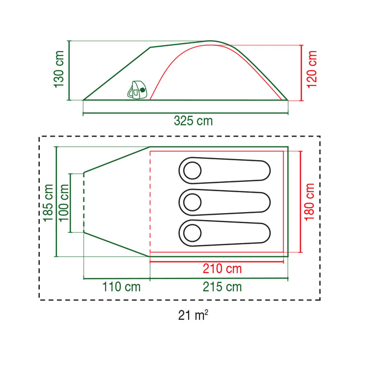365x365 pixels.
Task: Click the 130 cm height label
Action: click(x=59, y=69)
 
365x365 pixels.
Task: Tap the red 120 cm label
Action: click(x=312, y=69)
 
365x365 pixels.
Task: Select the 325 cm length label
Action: click(x=193, y=121)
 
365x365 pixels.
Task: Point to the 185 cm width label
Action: click(x=48, y=202)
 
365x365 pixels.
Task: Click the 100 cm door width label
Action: click(x=64, y=202)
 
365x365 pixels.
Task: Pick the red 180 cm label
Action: click(x=309, y=202)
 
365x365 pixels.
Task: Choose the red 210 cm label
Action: click(x=222, y=269)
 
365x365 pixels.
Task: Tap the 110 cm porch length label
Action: click(x=121, y=287)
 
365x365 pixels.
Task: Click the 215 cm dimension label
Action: click(x=222, y=287)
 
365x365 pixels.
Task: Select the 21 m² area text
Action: click(x=193, y=315)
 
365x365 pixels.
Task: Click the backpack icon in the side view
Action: click(x=137, y=90)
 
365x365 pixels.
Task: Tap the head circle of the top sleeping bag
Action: click(x=192, y=171)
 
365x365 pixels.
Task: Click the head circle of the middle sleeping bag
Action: click(x=192, y=202)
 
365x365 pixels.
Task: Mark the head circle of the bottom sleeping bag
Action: click(x=192, y=233)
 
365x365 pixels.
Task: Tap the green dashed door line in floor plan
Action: click(x=84, y=202)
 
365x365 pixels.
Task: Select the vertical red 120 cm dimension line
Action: click(x=301, y=73)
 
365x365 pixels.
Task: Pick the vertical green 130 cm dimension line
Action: click(x=69, y=70)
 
